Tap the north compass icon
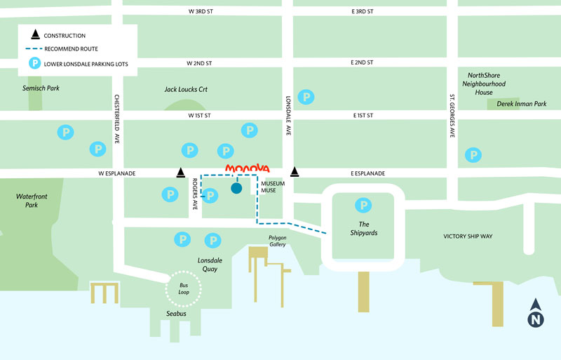[536, 314]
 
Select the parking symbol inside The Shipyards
[363, 206]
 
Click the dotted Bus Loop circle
[183, 288]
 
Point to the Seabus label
[176, 314]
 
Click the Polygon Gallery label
[278, 241]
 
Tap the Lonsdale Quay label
[210, 264]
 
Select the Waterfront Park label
[32, 201]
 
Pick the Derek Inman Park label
[520, 104]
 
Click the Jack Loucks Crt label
[186, 90]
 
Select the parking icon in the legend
[33, 64]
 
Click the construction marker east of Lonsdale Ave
[295, 172]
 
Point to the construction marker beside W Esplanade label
[181, 172]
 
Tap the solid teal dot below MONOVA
[236, 188]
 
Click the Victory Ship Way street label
[468, 236]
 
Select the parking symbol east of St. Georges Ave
[474, 154]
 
